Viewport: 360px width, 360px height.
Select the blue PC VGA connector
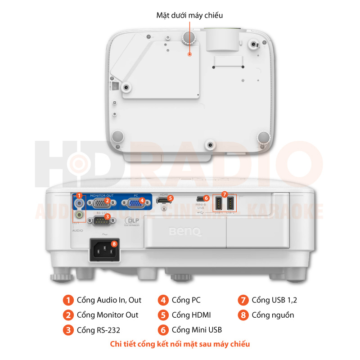click(x=134, y=204)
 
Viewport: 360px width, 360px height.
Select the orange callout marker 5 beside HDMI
click(x=170, y=198)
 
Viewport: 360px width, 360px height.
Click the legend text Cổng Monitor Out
click(x=108, y=315)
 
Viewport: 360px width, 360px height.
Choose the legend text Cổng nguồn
click(x=273, y=315)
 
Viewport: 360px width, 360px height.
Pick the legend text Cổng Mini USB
click(x=197, y=330)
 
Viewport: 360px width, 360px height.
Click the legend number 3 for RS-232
click(x=68, y=330)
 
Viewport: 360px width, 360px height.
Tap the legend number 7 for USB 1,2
click(x=243, y=300)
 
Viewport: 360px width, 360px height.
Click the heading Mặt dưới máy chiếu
click(x=189, y=15)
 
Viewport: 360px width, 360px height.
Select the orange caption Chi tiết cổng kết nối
click(x=180, y=344)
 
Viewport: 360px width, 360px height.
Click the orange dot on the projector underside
click(x=190, y=54)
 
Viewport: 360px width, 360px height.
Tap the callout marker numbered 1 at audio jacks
click(x=79, y=196)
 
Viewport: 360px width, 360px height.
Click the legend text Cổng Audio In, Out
click(x=109, y=300)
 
